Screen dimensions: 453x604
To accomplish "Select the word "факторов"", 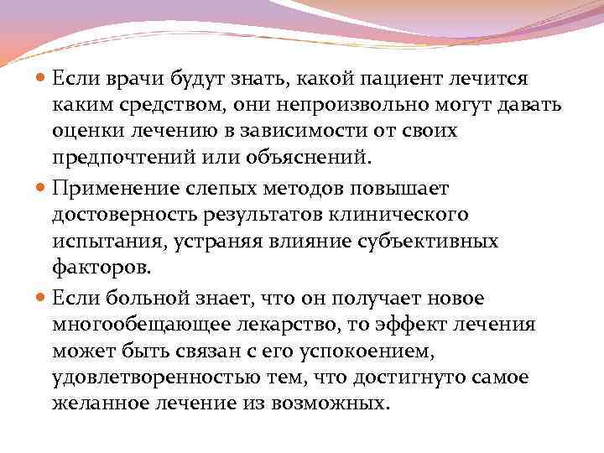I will [x=100, y=268].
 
